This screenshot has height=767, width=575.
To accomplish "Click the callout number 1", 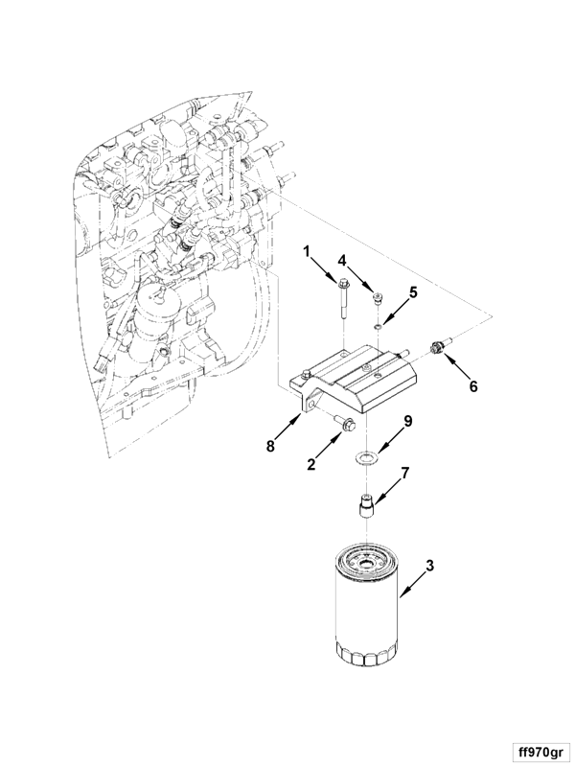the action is pyautogui.click(x=307, y=252).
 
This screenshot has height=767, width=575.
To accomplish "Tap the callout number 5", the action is pyautogui.click(x=413, y=292).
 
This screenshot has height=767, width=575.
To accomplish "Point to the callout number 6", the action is pyautogui.click(x=472, y=386).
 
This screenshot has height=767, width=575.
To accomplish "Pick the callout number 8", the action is pyautogui.click(x=270, y=446).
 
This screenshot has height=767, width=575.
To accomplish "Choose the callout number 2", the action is pyautogui.click(x=310, y=464).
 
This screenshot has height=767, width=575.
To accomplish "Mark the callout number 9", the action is pyautogui.click(x=408, y=421).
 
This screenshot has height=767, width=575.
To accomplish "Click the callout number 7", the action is pyautogui.click(x=404, y=473).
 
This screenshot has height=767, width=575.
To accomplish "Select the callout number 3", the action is pyautogui.click(x=429, y=566).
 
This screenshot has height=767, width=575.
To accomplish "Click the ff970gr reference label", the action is pyautogui.click(x=540, y=751).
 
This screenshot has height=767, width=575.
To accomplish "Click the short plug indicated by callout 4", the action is pyautogui.click(x=377, y=298).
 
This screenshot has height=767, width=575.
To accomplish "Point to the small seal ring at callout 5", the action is pyautogui.click(x=377, y=325).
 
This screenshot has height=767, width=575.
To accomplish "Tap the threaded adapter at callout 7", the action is pyautogui.click(x=366, y=507).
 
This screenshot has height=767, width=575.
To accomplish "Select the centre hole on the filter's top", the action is pyautogui.click(x=366, y=564).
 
